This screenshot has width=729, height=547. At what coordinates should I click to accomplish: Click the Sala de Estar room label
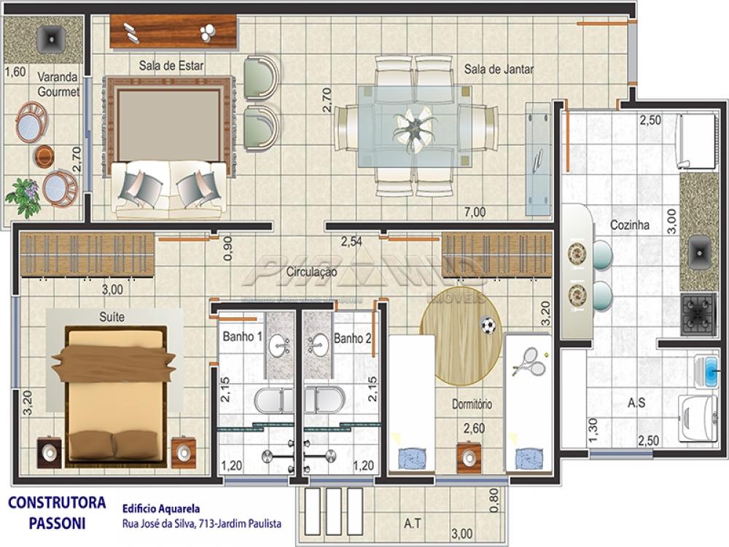click(x=171, y=66)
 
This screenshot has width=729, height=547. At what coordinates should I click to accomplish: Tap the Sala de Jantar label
click(x=499, y=70)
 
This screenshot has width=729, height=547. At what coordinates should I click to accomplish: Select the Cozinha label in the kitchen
click(x=630, y=226)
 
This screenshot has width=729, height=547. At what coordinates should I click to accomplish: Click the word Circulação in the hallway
click(x=312, y=272)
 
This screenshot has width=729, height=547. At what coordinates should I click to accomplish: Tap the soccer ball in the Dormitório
click(x=488, y=325)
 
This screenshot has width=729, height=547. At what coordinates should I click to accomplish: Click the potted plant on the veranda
click(x=24, y=197)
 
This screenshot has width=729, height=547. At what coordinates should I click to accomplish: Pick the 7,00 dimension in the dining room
click(x=475, y=212)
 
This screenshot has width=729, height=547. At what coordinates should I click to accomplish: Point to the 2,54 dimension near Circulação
click(x=353, y=240)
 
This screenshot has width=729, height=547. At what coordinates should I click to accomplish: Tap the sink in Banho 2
click(x=319, y=345)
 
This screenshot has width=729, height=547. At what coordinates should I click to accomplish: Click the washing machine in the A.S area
click(x=697, y=418)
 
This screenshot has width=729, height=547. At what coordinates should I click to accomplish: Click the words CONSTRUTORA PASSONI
click(x=57, y=513)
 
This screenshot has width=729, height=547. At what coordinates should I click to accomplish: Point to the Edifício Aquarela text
click(x=160, y=508)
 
